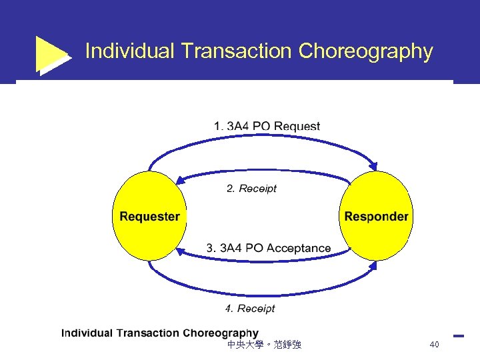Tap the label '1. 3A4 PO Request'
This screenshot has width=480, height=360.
(267, 126)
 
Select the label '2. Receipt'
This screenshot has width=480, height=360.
(251, 189)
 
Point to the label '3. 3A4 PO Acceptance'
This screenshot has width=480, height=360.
(268, 248)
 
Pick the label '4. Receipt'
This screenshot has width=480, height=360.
(249, 309)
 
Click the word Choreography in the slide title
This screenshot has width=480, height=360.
(366, 51)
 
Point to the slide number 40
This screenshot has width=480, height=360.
(434, 345)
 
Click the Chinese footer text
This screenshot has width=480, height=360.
(264, 345)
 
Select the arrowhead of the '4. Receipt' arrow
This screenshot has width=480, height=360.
(374, 265)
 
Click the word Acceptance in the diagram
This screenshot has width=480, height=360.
(298, 248)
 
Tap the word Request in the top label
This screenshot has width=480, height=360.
(297, 126)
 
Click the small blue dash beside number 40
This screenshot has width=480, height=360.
(458, 335)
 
